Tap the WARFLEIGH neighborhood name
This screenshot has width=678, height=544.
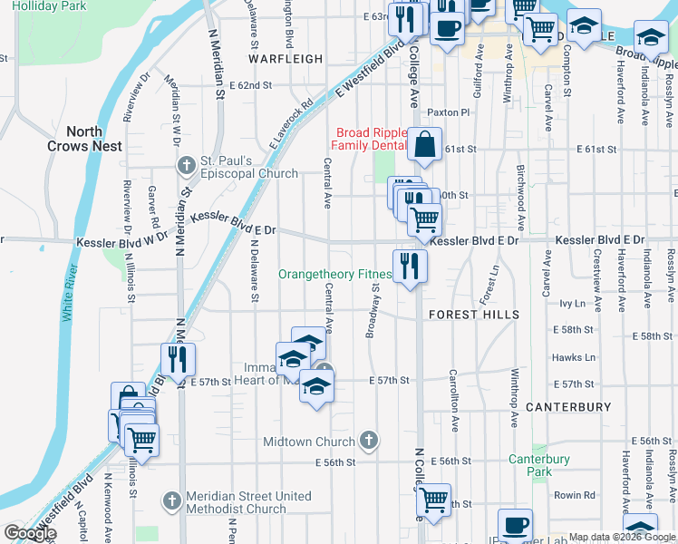pyautogui.click(x=286, y=59)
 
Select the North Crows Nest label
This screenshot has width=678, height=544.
pyautogui.click(x=77, y=139)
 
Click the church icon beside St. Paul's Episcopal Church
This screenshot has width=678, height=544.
pyautogui.click(x=187, y=166)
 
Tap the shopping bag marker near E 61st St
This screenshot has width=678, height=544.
pyautogui.click(x=424, y=144)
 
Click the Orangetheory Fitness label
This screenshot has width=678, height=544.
pyautogui.click(x=334, y=274)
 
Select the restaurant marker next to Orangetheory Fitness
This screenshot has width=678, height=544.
pyautogui.click(x=410, y=266)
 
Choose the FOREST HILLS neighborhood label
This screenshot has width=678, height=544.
pyautogui.click(x=474, y=315)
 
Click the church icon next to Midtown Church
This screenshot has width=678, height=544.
pyautogui.click(x=367, y=442)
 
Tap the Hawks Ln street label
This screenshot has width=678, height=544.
pyautogui.click(x=573, y=357)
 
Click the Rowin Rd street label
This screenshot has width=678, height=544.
pyautogui.click(x=574, y=495)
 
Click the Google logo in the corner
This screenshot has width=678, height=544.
pyautogui.click(x=30, y=533)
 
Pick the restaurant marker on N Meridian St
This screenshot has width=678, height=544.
pyautogui.click(x=178, y=359)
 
